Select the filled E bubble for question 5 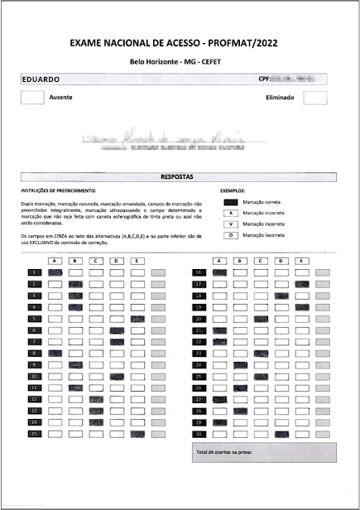click(137, 319)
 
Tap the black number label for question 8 click(35, 354)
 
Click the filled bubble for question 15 click(96, 434)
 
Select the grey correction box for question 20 click(324, 319)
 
